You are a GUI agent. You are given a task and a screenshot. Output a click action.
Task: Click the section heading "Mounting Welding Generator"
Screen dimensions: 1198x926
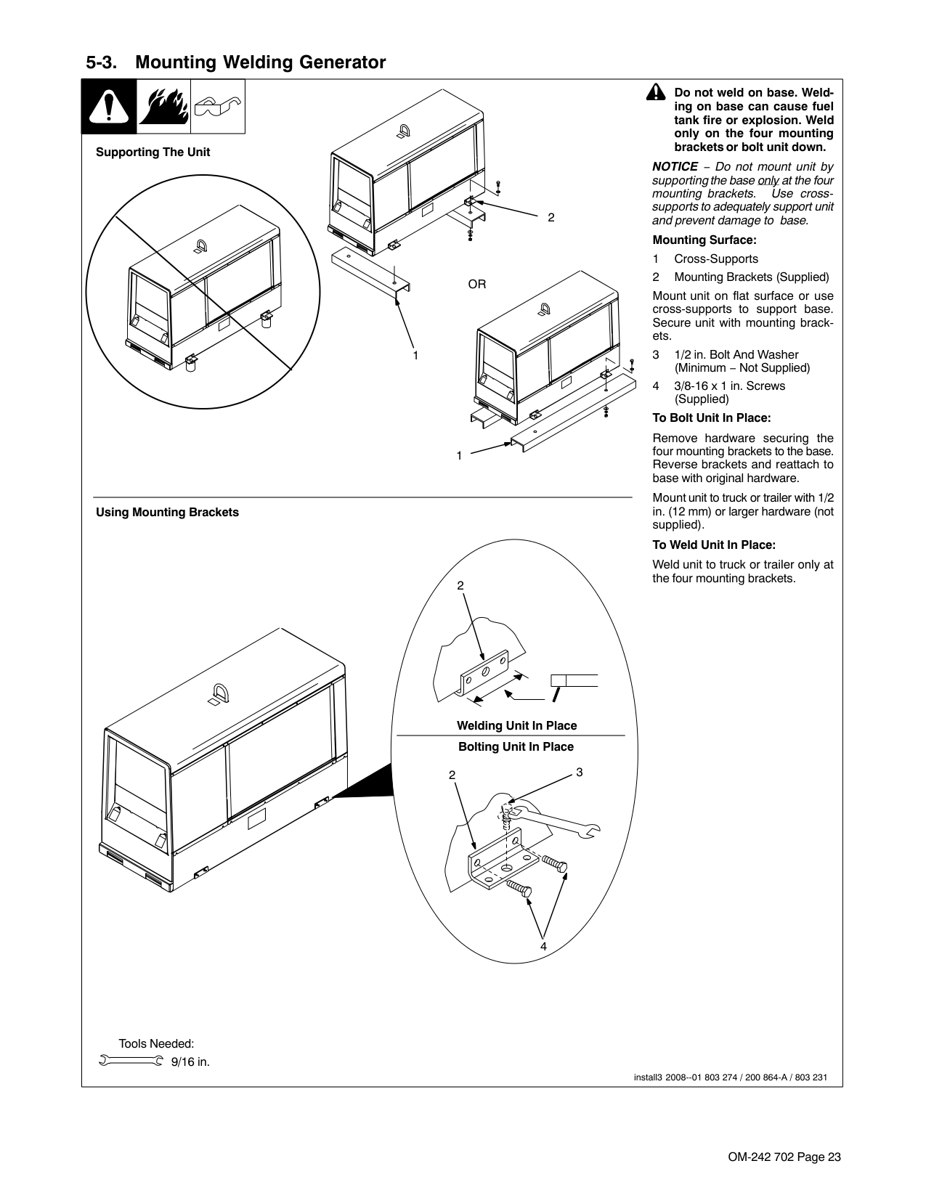point(260,62)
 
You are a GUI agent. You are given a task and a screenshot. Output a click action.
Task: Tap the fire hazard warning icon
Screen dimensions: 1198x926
point(163,107)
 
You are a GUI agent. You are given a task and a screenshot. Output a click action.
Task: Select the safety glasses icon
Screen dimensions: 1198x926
point(217,107)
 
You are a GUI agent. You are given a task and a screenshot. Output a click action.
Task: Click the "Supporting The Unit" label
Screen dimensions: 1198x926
point(153,152)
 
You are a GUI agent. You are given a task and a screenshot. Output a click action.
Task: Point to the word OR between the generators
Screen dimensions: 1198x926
point(476,284)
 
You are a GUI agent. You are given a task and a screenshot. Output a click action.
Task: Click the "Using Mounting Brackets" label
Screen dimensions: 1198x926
point(167,513)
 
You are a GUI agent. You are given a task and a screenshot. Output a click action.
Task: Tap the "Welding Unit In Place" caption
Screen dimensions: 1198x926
point(516,725)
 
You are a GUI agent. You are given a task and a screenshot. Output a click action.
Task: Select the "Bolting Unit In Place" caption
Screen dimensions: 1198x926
point(516,746)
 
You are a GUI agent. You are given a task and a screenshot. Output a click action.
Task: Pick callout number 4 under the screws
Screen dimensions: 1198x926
point(543,947)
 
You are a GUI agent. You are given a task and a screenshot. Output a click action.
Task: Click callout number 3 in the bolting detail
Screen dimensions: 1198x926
point(580,773)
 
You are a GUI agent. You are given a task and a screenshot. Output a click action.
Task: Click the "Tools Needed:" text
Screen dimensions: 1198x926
point(156,1043)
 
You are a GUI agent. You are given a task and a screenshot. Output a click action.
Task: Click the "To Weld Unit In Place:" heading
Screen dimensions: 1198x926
point(713,545)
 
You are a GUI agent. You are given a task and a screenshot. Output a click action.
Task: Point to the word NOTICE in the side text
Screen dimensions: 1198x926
point(675,166)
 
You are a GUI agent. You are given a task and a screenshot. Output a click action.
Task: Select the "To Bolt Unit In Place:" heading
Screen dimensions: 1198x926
point(711,417)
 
